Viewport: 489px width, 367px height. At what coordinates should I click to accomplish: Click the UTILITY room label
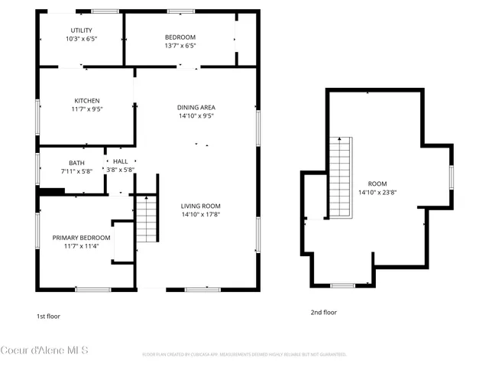click(x=81, y=30)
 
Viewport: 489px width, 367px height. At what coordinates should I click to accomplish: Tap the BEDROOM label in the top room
click(x=180, y=37)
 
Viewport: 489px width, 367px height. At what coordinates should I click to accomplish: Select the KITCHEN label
click(x=86, y=101)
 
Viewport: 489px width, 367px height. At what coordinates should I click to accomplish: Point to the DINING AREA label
click(x=196, y=108)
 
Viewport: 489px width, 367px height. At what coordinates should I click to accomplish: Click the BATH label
click(x=76, y=163)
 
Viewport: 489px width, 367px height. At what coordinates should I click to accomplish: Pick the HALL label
click(x=121, y=162)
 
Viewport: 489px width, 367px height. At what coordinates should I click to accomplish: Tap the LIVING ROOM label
click(x=200, y=206)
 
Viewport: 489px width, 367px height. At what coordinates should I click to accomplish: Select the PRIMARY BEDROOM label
click(x=81, y=238)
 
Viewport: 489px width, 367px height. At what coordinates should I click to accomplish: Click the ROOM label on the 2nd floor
click(x=377, y=183)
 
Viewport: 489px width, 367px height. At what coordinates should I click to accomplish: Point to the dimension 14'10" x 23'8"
click(x=377, y=193)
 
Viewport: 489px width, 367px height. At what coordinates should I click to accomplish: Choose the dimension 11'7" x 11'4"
click(x=81, y=246)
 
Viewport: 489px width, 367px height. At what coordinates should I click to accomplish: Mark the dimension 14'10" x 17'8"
click(x=200, y=215)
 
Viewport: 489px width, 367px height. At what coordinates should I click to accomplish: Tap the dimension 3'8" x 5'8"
click(x=121, y=171)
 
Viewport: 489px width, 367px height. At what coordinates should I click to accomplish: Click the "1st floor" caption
click(x=48, y=316)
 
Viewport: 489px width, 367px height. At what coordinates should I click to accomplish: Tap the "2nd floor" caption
click(x=322, y=312)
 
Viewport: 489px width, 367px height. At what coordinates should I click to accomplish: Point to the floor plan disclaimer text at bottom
click(x=244, y=355)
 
